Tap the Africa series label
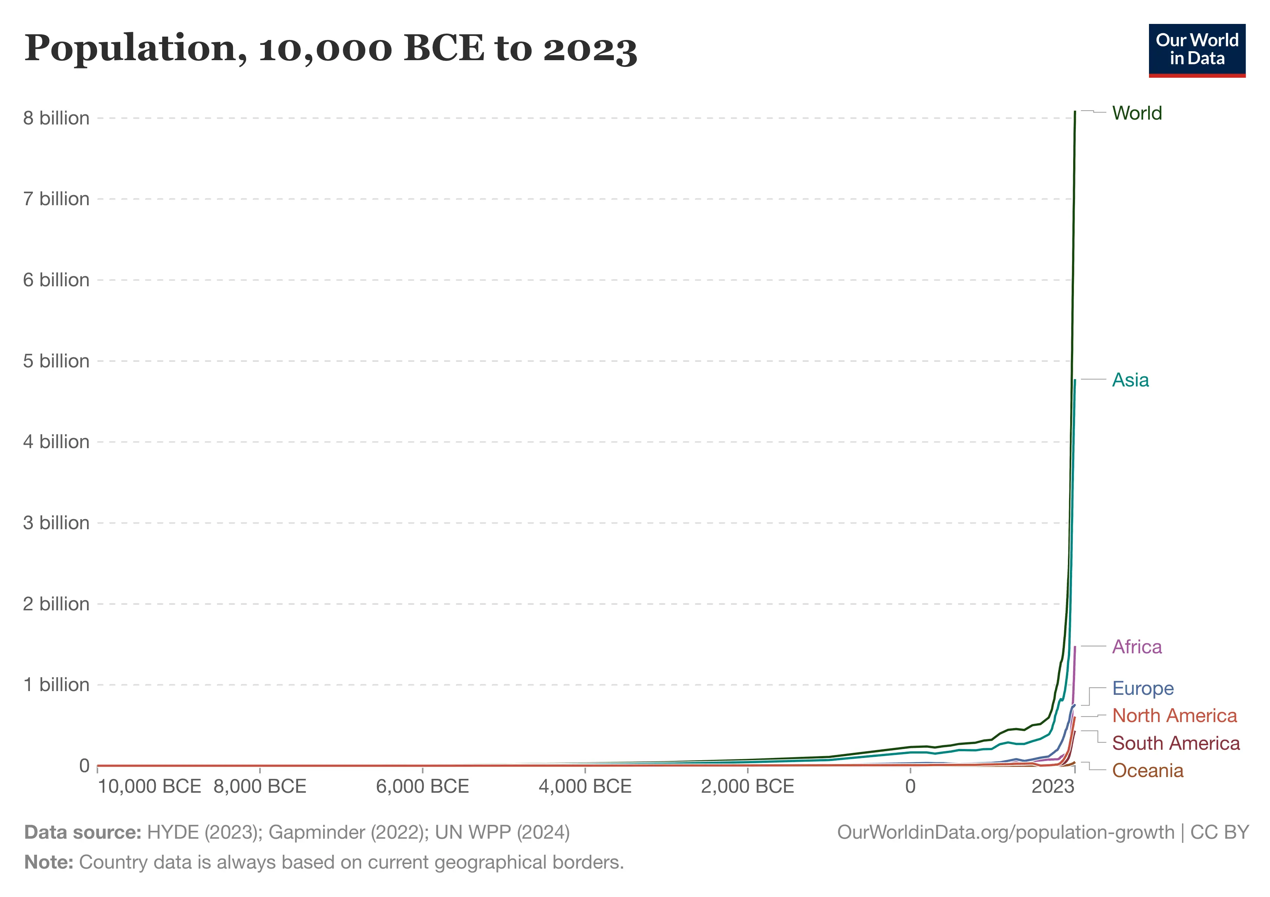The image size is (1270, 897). (1137, 647)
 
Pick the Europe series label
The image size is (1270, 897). (1143, 688)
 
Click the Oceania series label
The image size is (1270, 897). (1148, 771)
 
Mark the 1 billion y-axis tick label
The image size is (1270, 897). (56, 685)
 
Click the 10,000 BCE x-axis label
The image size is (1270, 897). (149, 786)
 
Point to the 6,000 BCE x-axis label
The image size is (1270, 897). (422, 786)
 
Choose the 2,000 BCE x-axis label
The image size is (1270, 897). (747, 786)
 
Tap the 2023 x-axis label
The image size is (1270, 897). (1053, 786)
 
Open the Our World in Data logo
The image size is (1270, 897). (1197, 50)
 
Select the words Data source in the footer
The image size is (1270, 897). (83, 832)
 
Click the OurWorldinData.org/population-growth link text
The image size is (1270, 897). (1006, 832)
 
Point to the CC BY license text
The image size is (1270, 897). (1220, 832)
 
